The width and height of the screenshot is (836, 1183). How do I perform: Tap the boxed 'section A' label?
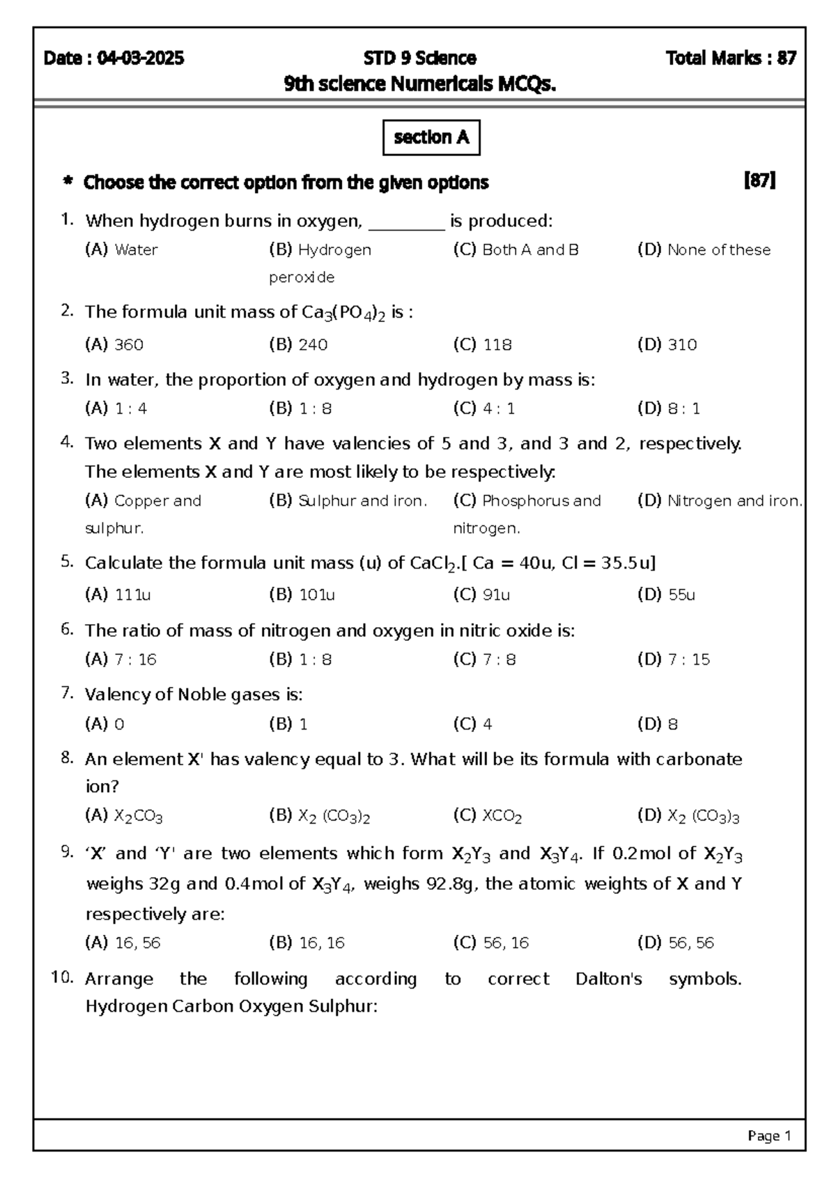[x=431, y=138]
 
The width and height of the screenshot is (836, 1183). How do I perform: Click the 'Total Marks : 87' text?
[x=731, y=59]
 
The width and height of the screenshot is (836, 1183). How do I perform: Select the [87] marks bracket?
[x=760, y=181]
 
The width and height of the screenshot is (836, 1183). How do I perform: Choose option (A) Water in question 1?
[x=121, y=250]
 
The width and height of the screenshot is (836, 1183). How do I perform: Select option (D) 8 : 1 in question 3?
[x=668, y=409]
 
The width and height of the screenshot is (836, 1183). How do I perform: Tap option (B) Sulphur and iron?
[x=348, y=501]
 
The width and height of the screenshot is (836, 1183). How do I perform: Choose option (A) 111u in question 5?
[x=118, y=595]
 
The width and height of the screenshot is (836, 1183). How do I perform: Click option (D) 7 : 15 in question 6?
[x=673, y=660]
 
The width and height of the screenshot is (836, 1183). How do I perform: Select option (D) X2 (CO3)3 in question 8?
[x=688, y=816]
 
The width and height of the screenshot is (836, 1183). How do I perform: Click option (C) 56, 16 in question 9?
[x=490, y=943]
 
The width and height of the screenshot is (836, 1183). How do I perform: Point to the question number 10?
[x=63, y=977]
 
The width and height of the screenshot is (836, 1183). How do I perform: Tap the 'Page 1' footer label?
[x=769, y=1136]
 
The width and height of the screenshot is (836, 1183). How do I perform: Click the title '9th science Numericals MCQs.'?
[x=420, y=85]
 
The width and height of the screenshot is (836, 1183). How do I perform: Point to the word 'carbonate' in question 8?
[x=699, y=759]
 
